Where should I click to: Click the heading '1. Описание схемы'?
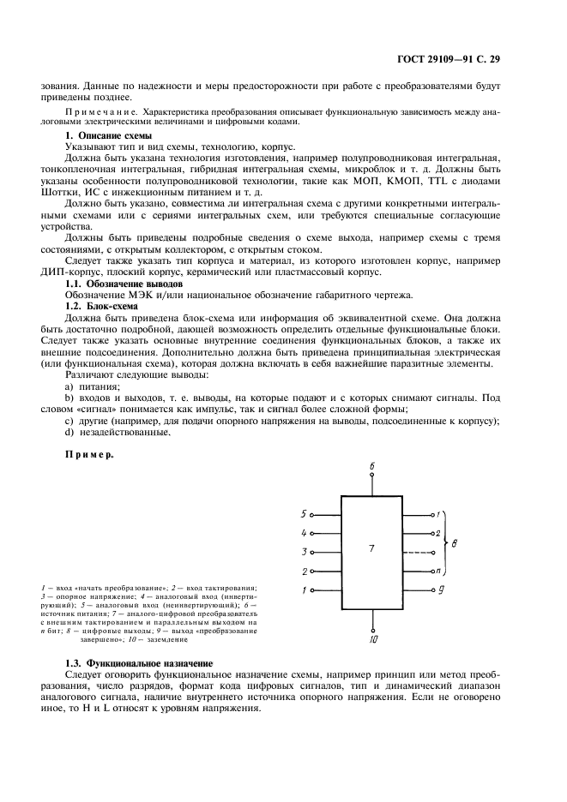point(109,135)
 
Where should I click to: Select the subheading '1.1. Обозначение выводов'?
point(124,283)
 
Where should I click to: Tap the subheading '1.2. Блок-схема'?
point(102,305)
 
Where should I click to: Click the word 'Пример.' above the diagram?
point(90,455)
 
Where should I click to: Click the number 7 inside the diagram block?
point(371,547)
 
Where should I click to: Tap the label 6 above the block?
point(372,465)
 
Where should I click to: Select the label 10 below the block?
point(372,639)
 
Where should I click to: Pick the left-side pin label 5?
point(304,514)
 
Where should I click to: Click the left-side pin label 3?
point(304,552)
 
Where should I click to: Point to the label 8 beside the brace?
point(454,543)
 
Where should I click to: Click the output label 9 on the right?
point(440,590)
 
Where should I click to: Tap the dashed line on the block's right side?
point(416,553)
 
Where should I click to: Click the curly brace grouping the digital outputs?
point(445,543)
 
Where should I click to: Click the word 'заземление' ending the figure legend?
point(167,639)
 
